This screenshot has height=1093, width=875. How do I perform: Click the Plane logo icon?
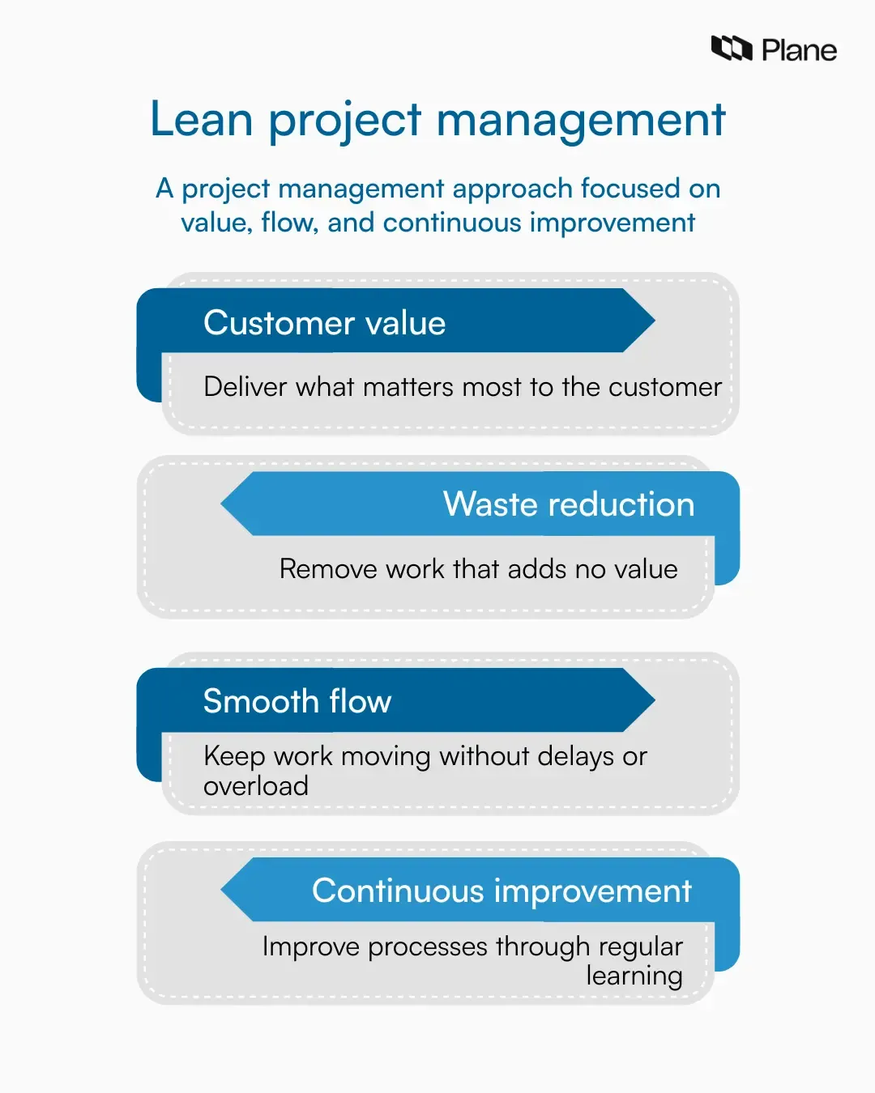tap(732, 49)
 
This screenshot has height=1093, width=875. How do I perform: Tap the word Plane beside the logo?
tap(799, 50)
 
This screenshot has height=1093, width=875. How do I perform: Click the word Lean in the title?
tap(202, 120)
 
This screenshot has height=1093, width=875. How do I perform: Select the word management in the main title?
tap(580, 120)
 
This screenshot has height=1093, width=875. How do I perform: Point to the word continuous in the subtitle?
tap(452, 223)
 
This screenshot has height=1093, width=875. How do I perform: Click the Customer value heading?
tap(324, 323)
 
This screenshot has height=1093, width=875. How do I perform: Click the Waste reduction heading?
tap(569, 504)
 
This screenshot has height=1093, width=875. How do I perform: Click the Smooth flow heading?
tap(297, 701)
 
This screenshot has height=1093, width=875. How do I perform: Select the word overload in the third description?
tap(256, 786)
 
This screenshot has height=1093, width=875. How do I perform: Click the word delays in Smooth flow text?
tap(575, 756)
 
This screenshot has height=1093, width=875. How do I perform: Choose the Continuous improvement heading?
tap(502, 891)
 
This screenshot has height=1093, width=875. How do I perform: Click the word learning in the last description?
tap(634, 976)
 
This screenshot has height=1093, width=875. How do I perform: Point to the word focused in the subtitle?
tap(630, 189)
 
